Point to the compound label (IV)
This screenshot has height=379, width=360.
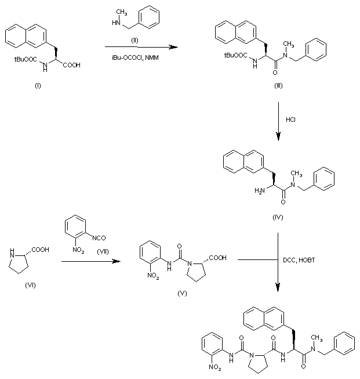click(x=277, y=216)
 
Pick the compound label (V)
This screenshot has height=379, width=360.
click(x=183, y=294)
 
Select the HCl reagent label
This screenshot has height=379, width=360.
click(x=291, y=120)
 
